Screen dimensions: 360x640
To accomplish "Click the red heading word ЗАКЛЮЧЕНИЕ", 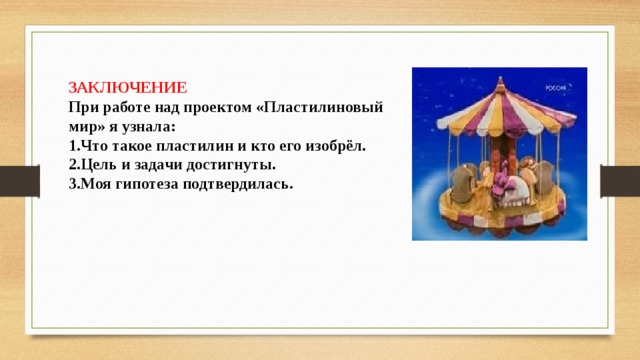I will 127,88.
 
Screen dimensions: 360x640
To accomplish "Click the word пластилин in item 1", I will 194,146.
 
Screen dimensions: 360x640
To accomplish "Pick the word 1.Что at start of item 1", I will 87,146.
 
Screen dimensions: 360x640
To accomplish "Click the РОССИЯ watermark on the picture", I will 556,88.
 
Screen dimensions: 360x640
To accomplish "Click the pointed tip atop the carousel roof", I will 500,78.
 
